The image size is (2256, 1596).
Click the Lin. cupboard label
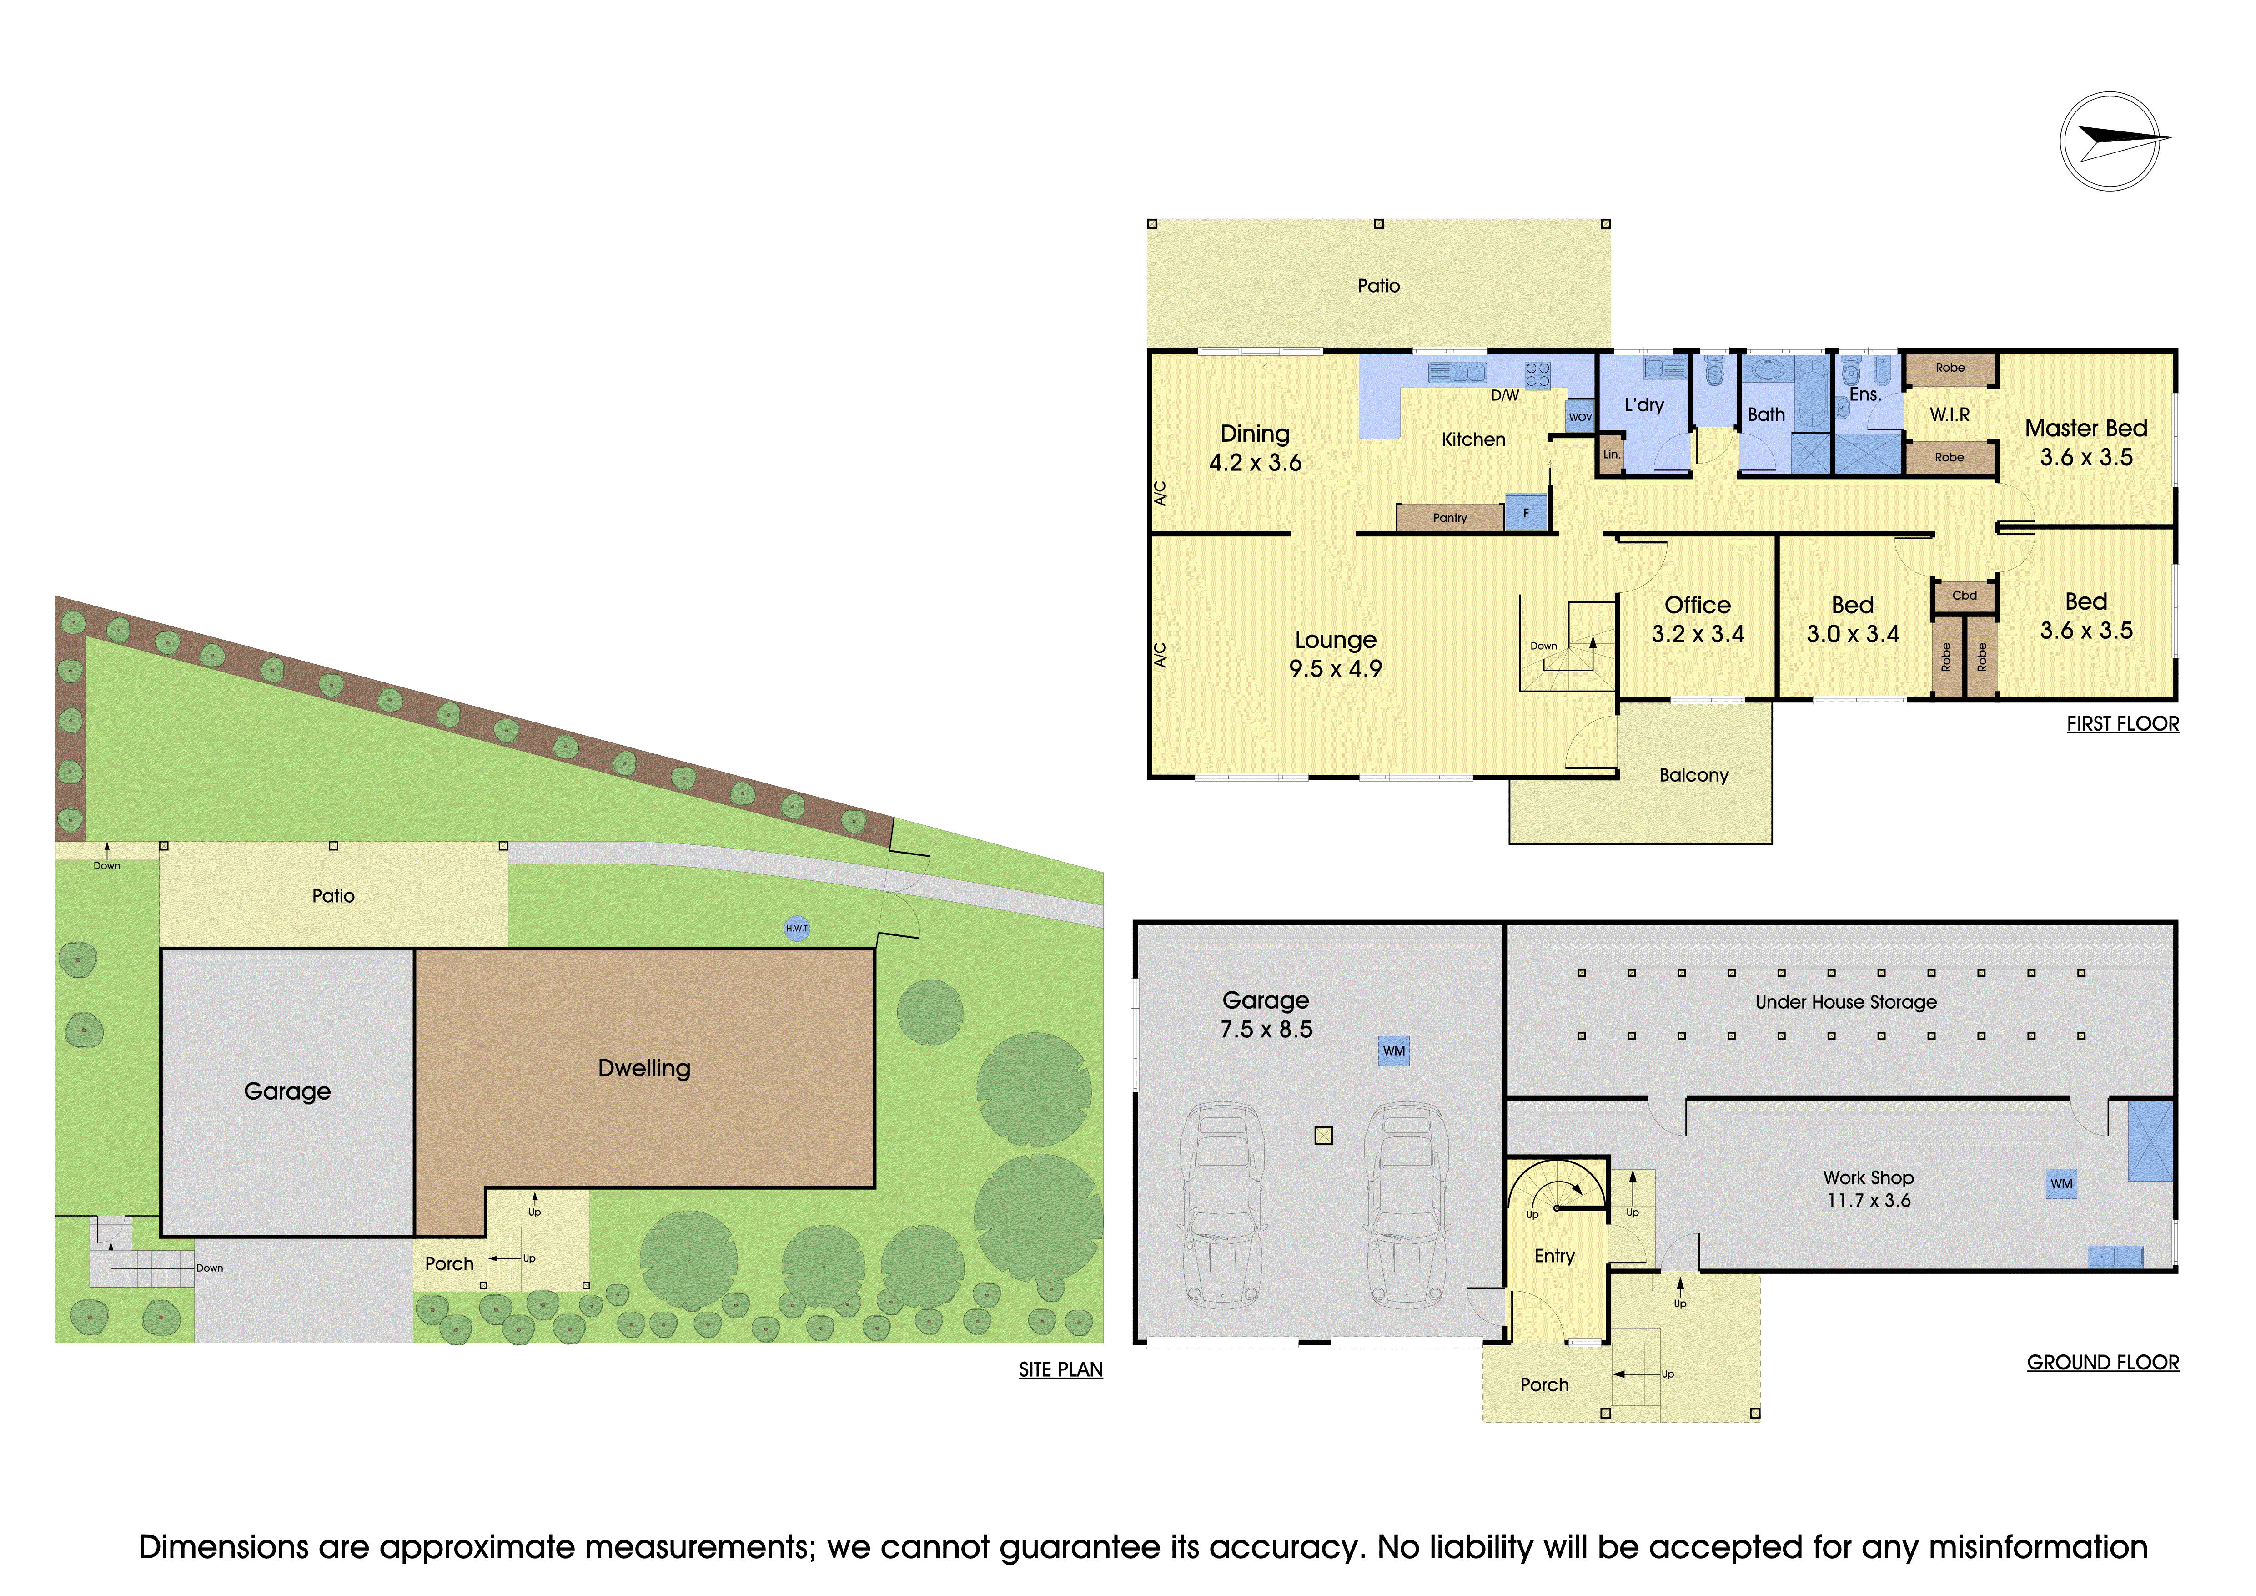coord(1612,455)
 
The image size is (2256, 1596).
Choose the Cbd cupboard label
coord(1964,596)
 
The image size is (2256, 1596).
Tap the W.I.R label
coord(1950,415)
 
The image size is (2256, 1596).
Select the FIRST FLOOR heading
coord(2122,724)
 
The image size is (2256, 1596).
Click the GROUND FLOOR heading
coord(2103,1363)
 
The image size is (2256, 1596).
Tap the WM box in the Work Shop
coord(2061,1183)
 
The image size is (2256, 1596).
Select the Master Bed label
coord(2086,429)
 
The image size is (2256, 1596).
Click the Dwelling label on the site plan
coord(644,1068)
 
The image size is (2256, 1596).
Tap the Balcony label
coord(1694,775)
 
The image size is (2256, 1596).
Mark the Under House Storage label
coord(1846,1002)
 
